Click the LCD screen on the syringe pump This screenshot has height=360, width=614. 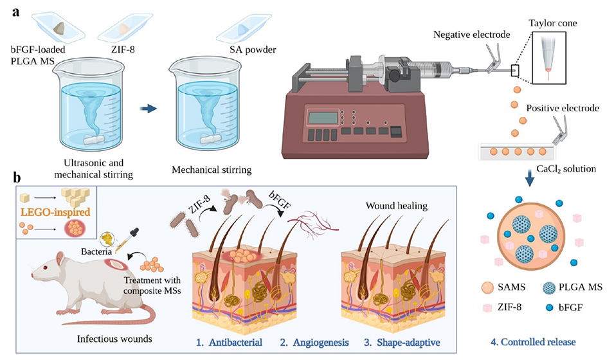pyautogui.click(x=324, y=118)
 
